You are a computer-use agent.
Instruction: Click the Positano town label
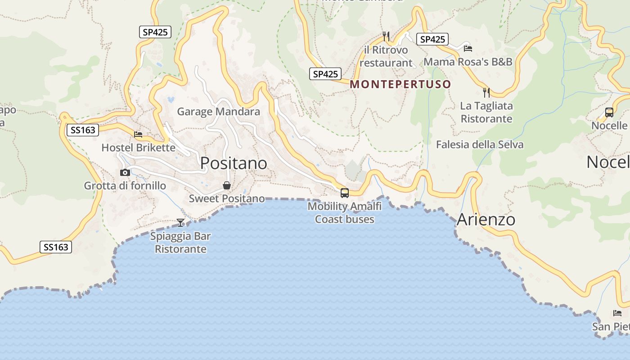234,163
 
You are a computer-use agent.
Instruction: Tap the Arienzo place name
486,220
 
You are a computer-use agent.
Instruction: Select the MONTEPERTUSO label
400,84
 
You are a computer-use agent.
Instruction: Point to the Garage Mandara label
218,111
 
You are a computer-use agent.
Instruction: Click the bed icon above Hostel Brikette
138,135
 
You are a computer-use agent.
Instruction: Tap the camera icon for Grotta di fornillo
125,172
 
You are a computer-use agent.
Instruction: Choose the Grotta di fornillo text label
125,185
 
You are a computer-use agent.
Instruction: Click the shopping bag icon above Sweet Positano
227,185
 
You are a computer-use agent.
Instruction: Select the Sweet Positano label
227,198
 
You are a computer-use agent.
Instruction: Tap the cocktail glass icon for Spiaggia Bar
180,222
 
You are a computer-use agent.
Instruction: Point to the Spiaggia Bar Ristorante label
180,243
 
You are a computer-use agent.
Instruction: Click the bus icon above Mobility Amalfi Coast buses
345,193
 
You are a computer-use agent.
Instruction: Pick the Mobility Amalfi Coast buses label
345,213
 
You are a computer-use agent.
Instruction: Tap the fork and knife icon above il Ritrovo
386,36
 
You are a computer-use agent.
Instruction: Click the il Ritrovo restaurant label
386,56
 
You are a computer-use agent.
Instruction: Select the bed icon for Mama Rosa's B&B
468,48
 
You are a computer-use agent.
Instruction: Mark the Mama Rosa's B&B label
468,61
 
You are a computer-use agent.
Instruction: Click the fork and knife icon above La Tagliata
486,93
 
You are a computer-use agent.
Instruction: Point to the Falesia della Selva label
480,144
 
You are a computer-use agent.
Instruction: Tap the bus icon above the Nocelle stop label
609,112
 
